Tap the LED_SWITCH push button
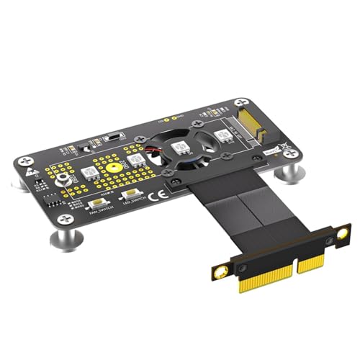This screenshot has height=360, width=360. [x=132, y=194]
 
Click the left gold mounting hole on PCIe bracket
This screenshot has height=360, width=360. [x=220, y=270]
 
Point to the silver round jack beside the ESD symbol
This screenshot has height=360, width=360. [x=64, y=179]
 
